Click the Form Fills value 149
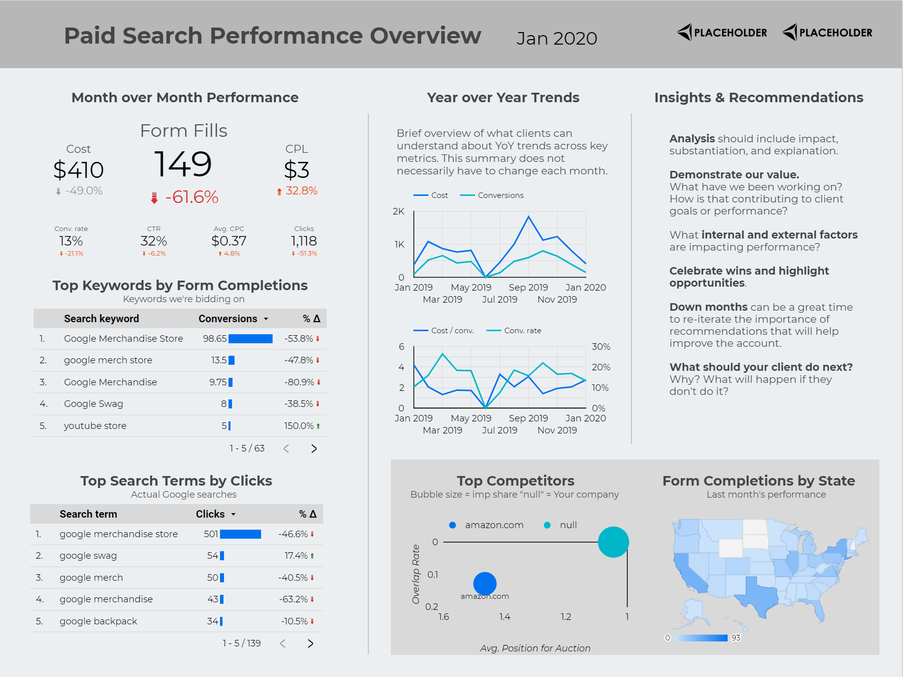point(183,164)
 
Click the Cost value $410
point(79,170)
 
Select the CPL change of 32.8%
point(301,191)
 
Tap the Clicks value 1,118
point(304,241)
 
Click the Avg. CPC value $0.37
point(229,241)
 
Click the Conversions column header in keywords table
point(228,319)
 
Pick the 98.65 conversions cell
point(214,339)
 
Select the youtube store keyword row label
point(95,426)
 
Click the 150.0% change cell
point(299,426)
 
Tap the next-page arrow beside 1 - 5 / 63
point(314,448)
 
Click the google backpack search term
point(98,621)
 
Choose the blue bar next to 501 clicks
point(241,534)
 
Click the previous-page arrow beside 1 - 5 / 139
point(283,643)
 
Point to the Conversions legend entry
point(500,195)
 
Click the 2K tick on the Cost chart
point(398,211)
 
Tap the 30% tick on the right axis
point(601,347)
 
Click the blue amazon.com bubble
point(485,583)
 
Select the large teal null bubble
point(613,542)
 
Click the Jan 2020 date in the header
point(557,39)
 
